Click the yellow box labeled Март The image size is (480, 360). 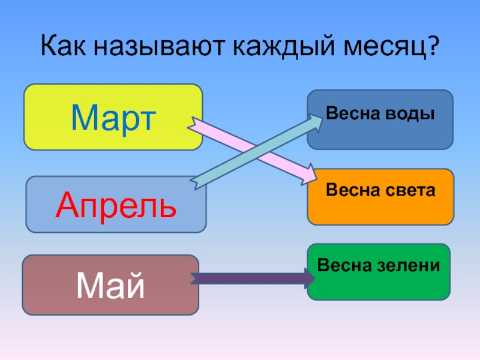pos(113,117)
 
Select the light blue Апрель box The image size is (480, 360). pos(116,205)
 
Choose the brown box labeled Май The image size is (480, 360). pos(110,285)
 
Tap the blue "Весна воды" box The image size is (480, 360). pos(380,119)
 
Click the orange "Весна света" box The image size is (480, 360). pos(380,197)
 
